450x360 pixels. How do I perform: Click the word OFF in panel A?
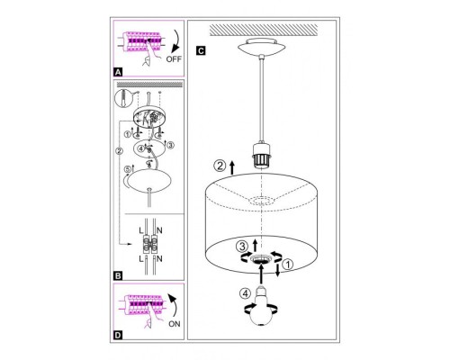point(174,58)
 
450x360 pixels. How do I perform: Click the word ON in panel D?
point(175,324)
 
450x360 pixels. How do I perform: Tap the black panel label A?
point(118,72)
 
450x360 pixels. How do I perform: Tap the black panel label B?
point(118,275)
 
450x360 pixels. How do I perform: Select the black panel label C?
point(201,50)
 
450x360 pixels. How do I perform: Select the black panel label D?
point(118,335)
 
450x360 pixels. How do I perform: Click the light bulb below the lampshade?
point(262,307)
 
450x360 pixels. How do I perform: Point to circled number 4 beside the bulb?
point(246,293)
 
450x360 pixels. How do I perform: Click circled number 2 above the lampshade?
point(220,166)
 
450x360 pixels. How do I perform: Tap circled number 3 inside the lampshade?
point(241,247)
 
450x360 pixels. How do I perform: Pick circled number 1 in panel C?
point(287,265)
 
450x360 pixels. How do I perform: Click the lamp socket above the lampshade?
point(262,155)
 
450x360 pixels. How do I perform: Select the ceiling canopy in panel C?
point(262,46)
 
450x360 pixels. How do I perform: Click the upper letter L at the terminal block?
point(141,230)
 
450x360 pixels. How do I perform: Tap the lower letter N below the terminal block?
point(159,258)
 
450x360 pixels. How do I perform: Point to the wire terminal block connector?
point(150,245)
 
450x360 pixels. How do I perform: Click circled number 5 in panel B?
point(128,169)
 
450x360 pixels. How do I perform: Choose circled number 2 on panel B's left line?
point(119,151)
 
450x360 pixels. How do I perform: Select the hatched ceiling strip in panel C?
point(264,30)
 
